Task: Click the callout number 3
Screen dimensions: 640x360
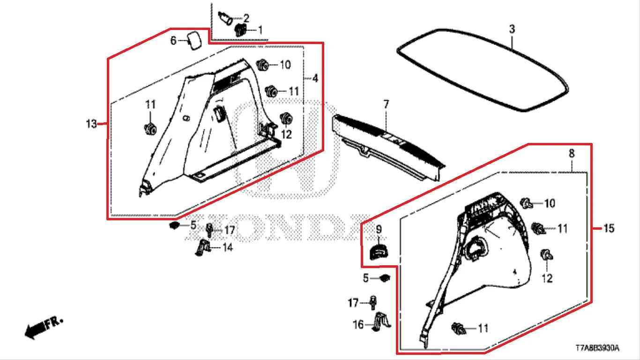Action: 512,29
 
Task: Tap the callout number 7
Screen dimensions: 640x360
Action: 386,104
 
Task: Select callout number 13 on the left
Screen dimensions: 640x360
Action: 91,124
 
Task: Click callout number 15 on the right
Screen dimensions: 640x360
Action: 609,228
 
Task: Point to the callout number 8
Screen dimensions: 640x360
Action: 572,154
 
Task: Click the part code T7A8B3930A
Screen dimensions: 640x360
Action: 598,348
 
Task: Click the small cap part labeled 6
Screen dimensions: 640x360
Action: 194,41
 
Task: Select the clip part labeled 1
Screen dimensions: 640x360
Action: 240,30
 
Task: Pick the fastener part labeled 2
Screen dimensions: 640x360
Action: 225,18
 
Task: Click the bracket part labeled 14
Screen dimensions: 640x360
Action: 203,247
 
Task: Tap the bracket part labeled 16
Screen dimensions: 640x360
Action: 381,322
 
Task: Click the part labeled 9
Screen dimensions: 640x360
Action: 379,251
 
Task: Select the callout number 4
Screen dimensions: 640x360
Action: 315,78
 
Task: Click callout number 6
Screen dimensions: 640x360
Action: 173,41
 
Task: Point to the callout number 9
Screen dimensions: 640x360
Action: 379,229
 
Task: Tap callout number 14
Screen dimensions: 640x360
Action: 227,247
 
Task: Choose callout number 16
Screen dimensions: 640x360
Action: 358,324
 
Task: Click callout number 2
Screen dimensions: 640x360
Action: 246,18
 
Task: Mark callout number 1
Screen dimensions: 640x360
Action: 260,30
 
